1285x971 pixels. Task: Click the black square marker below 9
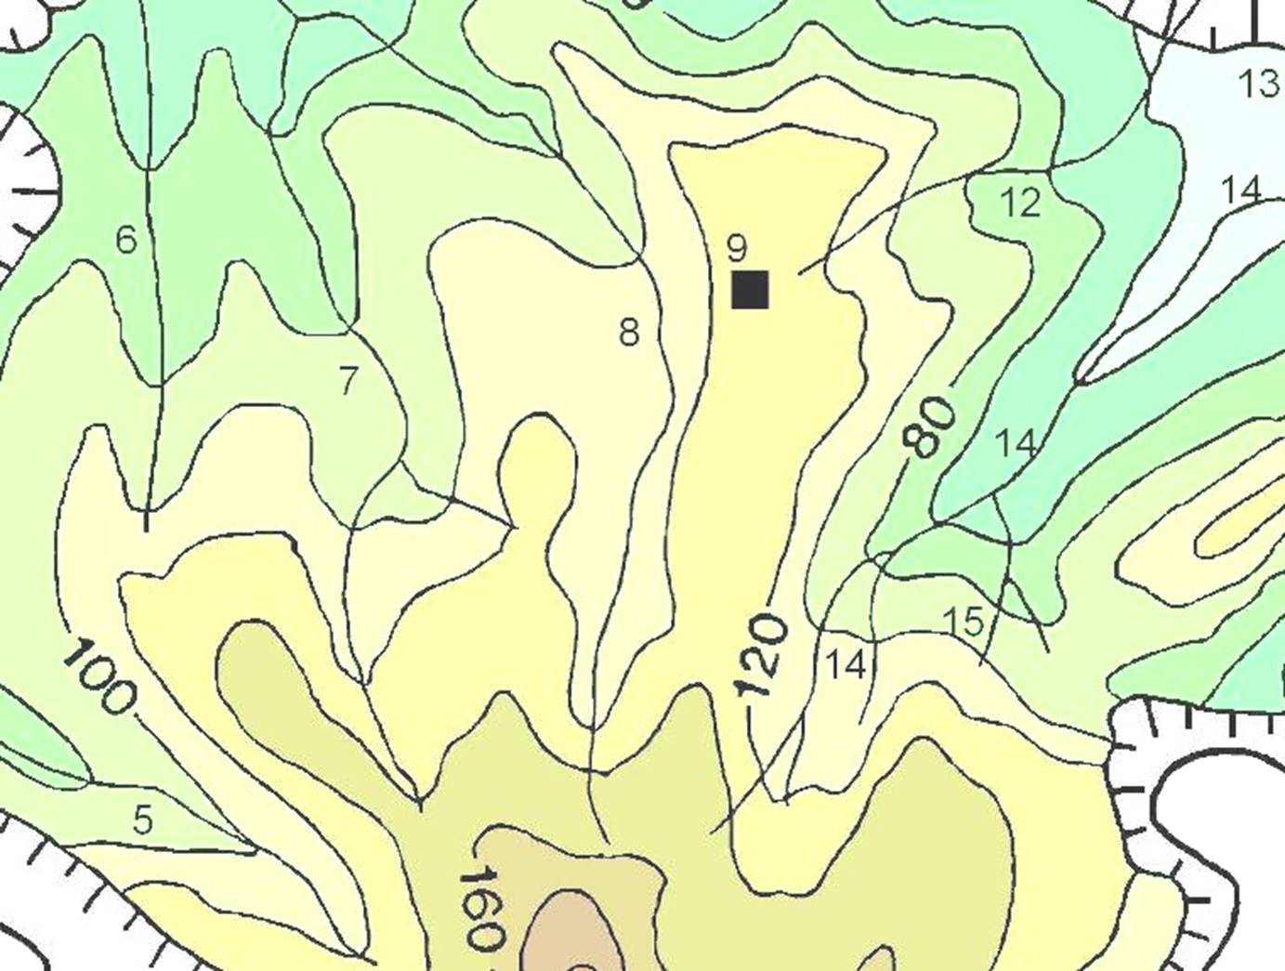coord(750,289)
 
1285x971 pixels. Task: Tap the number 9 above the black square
coord(736,248)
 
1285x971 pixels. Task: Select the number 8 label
coord(629,332)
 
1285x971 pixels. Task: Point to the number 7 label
coord(348,381)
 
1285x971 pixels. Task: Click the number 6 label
coord(126,241)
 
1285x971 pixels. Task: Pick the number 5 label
coord(142,820)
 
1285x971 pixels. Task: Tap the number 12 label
coord(1021,202)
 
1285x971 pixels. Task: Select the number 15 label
coord(964,622)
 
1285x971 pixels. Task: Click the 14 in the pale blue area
coord(1241,190)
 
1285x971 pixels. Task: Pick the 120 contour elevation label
coord(762,656)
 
